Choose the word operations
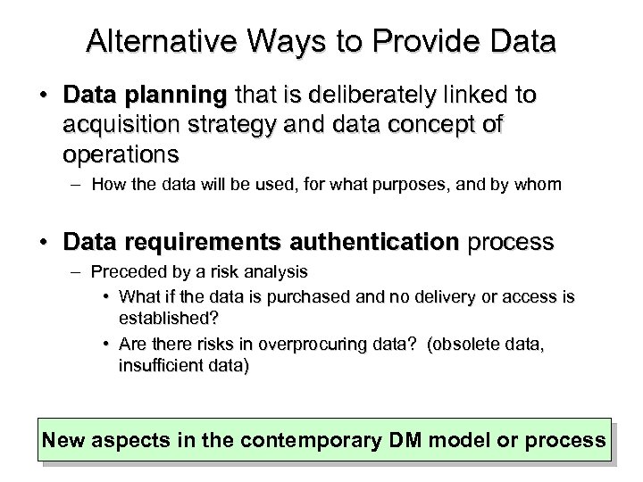[x=121, y=154]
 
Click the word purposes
[x=410, y=185]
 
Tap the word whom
[x=540, y=185]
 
